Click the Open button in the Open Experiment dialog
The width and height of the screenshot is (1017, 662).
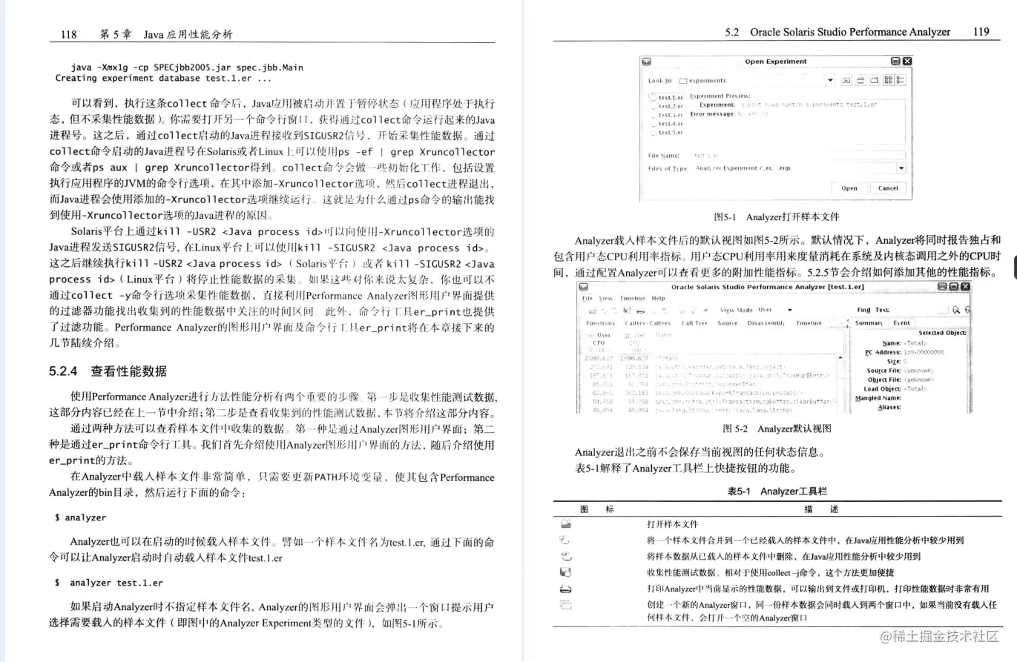point(849,188)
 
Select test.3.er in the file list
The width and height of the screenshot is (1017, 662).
point(671,115)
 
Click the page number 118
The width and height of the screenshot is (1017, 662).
point(68,34)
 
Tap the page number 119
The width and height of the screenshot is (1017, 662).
point(980,32)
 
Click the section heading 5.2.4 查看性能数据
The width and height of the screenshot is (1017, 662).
point(108,371)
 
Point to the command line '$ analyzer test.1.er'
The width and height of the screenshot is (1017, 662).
point(109,583)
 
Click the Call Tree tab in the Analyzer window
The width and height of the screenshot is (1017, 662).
point(695,323)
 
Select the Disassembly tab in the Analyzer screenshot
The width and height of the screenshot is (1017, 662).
point(767,323)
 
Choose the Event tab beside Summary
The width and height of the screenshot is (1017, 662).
point(901,323)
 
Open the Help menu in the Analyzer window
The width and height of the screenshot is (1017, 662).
point(658,298)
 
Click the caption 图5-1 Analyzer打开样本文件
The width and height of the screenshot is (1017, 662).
point(775,217)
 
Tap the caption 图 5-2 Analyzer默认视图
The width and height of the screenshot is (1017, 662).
point(777,428)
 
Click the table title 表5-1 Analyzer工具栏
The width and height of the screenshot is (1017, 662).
point(777,491)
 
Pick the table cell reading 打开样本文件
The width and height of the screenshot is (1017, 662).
point(672,524)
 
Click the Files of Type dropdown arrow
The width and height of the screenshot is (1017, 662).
point(901,168)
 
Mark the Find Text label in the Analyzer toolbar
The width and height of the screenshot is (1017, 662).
point(873,310)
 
